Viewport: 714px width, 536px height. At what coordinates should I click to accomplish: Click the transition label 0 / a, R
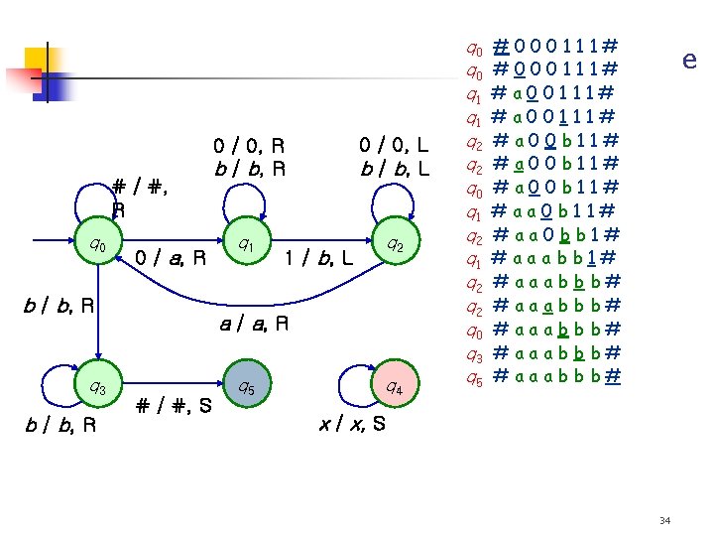pyautogui.click(x=170, y=259)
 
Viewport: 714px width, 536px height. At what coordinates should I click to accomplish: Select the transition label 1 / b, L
pyautogui.click(x=318, y=259)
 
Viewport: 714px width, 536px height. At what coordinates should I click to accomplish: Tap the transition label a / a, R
pyautogui.click(x=253, y=323)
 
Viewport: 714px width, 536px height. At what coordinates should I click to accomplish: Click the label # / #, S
pyautogui.click(x=173, y=404)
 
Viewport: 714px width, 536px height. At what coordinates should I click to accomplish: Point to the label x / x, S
pyautogui.click(x=354, y=424)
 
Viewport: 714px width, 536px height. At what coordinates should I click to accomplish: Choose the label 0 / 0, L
pyautogui.click(x=394, y=147)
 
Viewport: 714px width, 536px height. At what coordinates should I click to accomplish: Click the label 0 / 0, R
pyautogui.click(x=251, y=147)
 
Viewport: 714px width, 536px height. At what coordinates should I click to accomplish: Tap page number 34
pyautogui.click(x=662, y=520)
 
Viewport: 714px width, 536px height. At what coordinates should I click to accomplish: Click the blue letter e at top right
pyautogui.click(x=688, y=61)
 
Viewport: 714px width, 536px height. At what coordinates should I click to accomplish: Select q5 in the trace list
pyautogui.click(x=473, y=376)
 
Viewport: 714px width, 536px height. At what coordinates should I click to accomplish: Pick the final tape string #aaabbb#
pyautogui.click(x=556, y=376)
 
